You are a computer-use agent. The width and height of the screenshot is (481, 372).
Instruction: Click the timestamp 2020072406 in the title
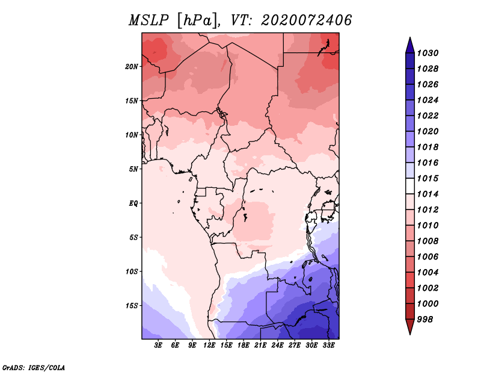coord(307,20)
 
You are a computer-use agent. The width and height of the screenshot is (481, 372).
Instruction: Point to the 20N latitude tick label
coord(132,66)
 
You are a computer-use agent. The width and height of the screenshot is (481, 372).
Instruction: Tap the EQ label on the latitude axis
coord(133,203)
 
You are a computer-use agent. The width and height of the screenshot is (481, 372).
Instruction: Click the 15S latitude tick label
coord(132,306)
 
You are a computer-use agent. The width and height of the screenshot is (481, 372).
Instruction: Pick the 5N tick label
coord(133,169)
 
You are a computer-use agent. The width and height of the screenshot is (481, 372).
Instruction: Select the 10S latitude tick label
coord(132,271)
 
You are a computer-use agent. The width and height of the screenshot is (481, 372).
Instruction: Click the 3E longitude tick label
coord(159,346)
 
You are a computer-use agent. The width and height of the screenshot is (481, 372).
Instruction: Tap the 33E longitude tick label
coord(328,346)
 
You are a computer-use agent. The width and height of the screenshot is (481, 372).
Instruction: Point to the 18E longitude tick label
coord(244,346)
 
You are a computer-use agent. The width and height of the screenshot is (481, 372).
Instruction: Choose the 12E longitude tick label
coord(210,346)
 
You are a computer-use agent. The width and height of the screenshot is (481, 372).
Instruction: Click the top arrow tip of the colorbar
coord(409,39)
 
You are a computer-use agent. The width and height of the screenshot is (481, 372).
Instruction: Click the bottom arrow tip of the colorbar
coord(409,333)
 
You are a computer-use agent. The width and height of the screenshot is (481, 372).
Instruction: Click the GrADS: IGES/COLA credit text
coord(34,367)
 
